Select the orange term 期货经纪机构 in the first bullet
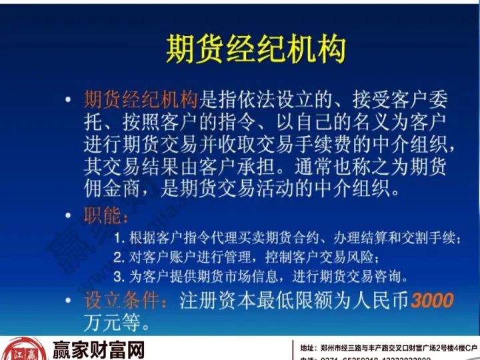tap(141, 101)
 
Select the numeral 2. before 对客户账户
tap(119, 257)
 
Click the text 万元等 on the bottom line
tap(113, 323)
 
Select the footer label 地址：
tap(309, 348)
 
